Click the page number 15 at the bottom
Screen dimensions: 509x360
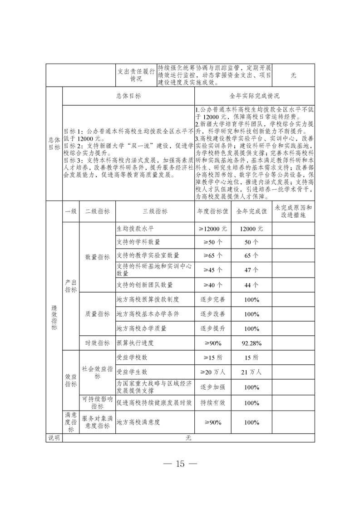[x=180, y=464]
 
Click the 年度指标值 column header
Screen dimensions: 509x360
[x=212, y=211]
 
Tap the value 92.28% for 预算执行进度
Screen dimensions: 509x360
[x=252, y=343]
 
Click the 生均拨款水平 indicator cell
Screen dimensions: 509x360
[x=136, y=229]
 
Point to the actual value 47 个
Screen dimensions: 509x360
[x=252, y=269]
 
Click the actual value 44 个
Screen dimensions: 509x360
[x=252, y=285]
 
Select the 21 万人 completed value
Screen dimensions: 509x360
[x=252, y=372]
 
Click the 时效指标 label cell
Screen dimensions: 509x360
[x=98, y=343]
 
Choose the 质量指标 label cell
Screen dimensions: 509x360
[x=98, y=314]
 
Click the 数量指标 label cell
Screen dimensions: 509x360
[x=98, y=257]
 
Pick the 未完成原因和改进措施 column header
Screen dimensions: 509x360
[x=293, y=211]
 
